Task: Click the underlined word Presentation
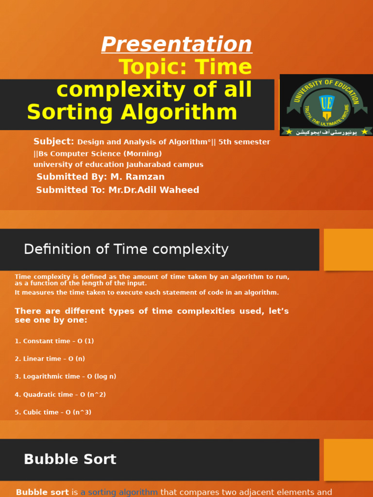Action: point(177,45)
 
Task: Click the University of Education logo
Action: point(326,105)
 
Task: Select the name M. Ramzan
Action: point(137,177)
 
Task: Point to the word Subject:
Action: point(53,142)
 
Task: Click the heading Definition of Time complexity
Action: point(126,249)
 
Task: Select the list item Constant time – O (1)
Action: point(54,341)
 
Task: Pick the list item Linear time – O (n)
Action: point(50,359)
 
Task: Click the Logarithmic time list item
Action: point(65,377)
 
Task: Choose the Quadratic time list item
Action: point(60,395)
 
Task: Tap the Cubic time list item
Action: point(53,413)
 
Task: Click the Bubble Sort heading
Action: point(70,460)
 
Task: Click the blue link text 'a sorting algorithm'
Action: point(119,492)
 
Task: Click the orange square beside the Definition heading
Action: point(348,249)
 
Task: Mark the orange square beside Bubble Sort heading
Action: point(348,460)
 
